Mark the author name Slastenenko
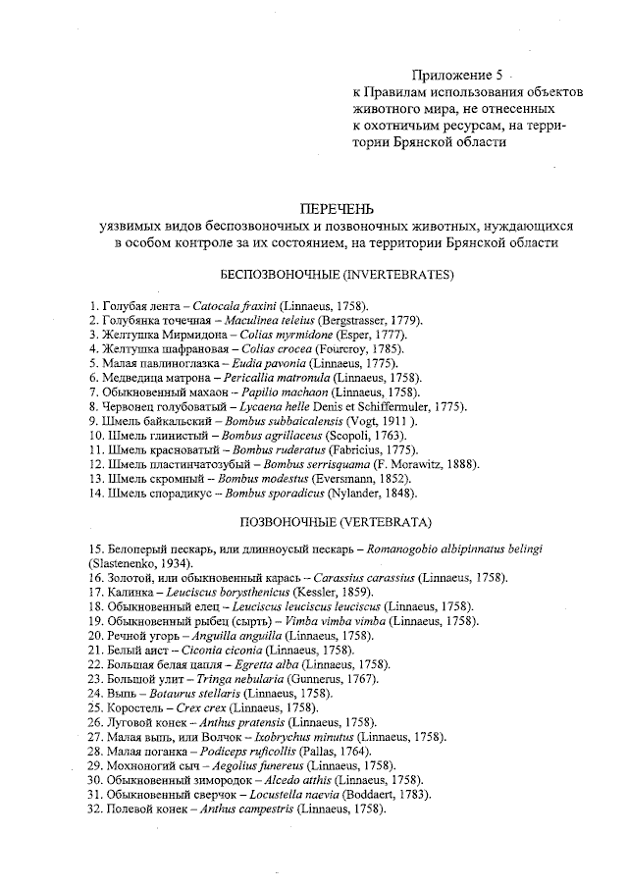(128, 564)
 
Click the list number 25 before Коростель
(95, 706)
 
